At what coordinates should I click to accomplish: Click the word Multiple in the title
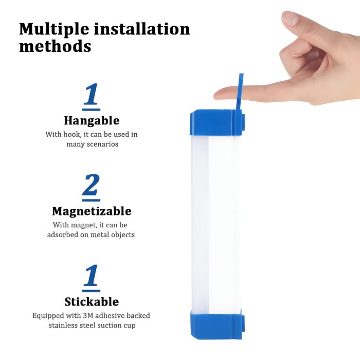(x=54, y=29)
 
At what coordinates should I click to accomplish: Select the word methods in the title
(x=55, y=46)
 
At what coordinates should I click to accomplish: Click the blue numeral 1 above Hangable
(x=91, y=94)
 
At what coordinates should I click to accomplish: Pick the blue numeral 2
(x=91, y=184)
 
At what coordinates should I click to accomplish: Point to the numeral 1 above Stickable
(x=91, y=275)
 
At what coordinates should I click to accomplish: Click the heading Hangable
(x=92, y=121)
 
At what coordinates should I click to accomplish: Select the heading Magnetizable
(x=92, y=211)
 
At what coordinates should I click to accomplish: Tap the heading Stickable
(x=92, y=302)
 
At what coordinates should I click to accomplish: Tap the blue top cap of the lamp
(x=217, y=122)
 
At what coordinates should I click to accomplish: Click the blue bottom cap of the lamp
(x=217, y=323)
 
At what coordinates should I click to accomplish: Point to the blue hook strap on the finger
(x=240, y=92)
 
